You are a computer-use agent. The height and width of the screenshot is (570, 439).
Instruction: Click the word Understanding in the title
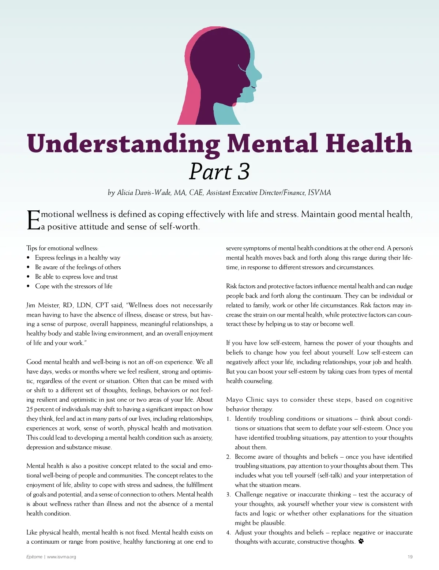coord(123,143)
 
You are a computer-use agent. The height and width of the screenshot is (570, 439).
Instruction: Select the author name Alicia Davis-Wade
coord(144,193)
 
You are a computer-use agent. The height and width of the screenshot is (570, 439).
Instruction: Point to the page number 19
coord(410,557)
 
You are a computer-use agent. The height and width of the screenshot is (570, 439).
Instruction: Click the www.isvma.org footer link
coord(61,557)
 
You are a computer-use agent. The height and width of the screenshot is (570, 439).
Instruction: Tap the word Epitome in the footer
coord(34,557)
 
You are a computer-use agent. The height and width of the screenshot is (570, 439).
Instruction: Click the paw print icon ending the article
coord(361,541)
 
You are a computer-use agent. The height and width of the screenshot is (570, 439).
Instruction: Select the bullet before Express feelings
coord(29,258)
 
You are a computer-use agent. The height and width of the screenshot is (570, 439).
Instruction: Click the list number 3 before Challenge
coord(228,495)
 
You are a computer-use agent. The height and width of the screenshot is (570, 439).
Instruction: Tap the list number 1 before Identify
coord(228,419)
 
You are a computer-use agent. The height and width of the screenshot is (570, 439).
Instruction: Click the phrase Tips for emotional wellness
coord(62,248)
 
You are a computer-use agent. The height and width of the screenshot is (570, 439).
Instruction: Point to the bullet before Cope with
coord(29,286)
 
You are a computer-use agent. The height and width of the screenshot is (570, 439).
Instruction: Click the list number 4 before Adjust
coord(228,533)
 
